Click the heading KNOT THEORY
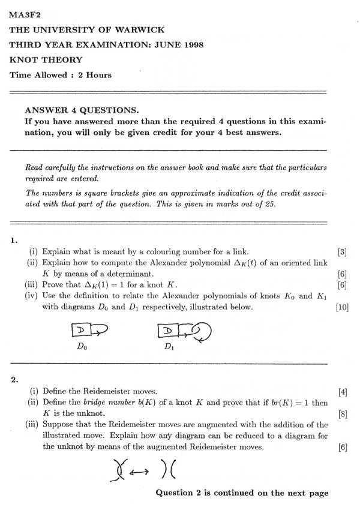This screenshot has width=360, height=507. pos(46,60)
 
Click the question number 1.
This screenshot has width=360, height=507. pos(13,241)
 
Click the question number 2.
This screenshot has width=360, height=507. pos(14,380)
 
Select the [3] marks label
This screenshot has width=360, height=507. pos(343,252)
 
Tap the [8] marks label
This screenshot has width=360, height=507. pos(343,413)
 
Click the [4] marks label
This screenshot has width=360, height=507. pos(343,392)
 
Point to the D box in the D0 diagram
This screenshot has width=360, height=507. pos(80,330)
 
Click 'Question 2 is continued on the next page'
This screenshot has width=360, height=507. pos(242,493)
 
